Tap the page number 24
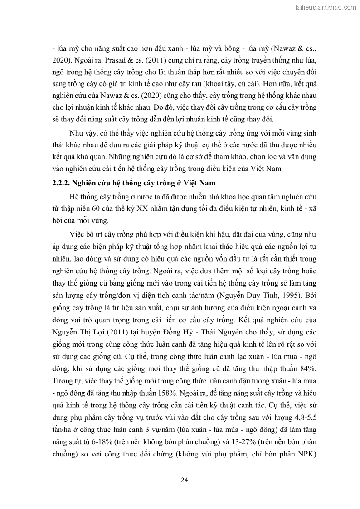coord(184,480)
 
